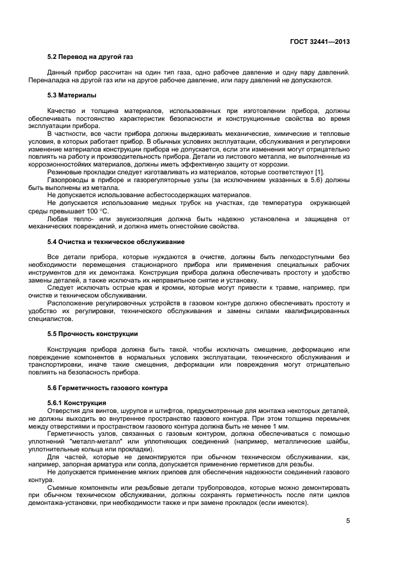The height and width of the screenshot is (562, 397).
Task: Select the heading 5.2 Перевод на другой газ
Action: tap(90, 57)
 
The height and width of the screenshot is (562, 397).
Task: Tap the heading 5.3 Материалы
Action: tap(71, 96)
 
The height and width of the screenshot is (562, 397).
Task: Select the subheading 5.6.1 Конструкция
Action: tap(76, 402)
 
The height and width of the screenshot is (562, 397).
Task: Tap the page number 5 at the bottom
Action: tap(348, 521)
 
